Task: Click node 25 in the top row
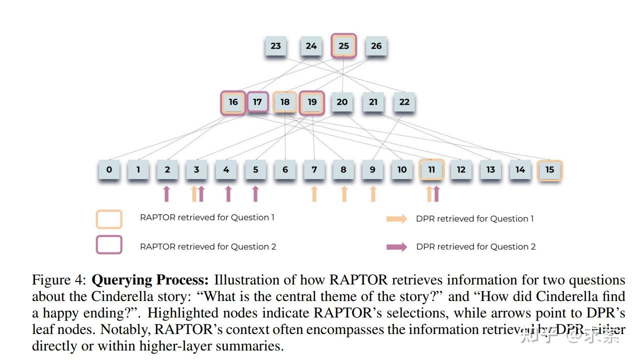tap(344, 46)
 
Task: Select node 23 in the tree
tap(276, 46)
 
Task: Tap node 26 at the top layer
tap(376, 46)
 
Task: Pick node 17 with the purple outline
tap(257, 102)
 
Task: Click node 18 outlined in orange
tap(285, 102)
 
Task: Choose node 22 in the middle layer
tap(404, 102)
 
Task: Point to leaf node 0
tap(109, 169)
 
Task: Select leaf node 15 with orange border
tap(550, 169)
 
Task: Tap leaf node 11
tap(432, 169)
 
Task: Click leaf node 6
tap(285, 169)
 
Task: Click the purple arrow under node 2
tap(167, 193)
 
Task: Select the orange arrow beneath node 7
tap(314, 193)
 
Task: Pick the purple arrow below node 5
tap(255, 193)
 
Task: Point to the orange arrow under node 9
tap(373, 193)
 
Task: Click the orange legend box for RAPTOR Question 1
tap(109, 219)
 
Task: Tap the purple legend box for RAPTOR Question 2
tap(109, 245)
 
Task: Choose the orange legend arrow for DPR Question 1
tap(397, 218)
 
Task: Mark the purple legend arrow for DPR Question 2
tap(397, 246)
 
